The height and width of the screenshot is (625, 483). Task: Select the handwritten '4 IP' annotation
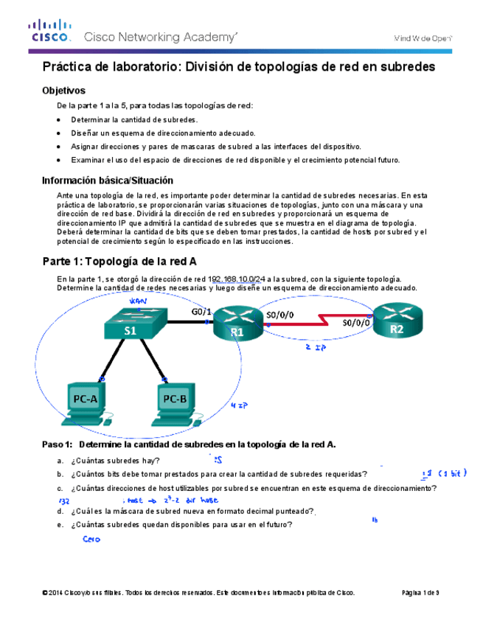coord(238,405)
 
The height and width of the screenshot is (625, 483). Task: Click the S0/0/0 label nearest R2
coord(358,323)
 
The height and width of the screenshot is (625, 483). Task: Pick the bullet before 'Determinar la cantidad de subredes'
coord(59,119)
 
